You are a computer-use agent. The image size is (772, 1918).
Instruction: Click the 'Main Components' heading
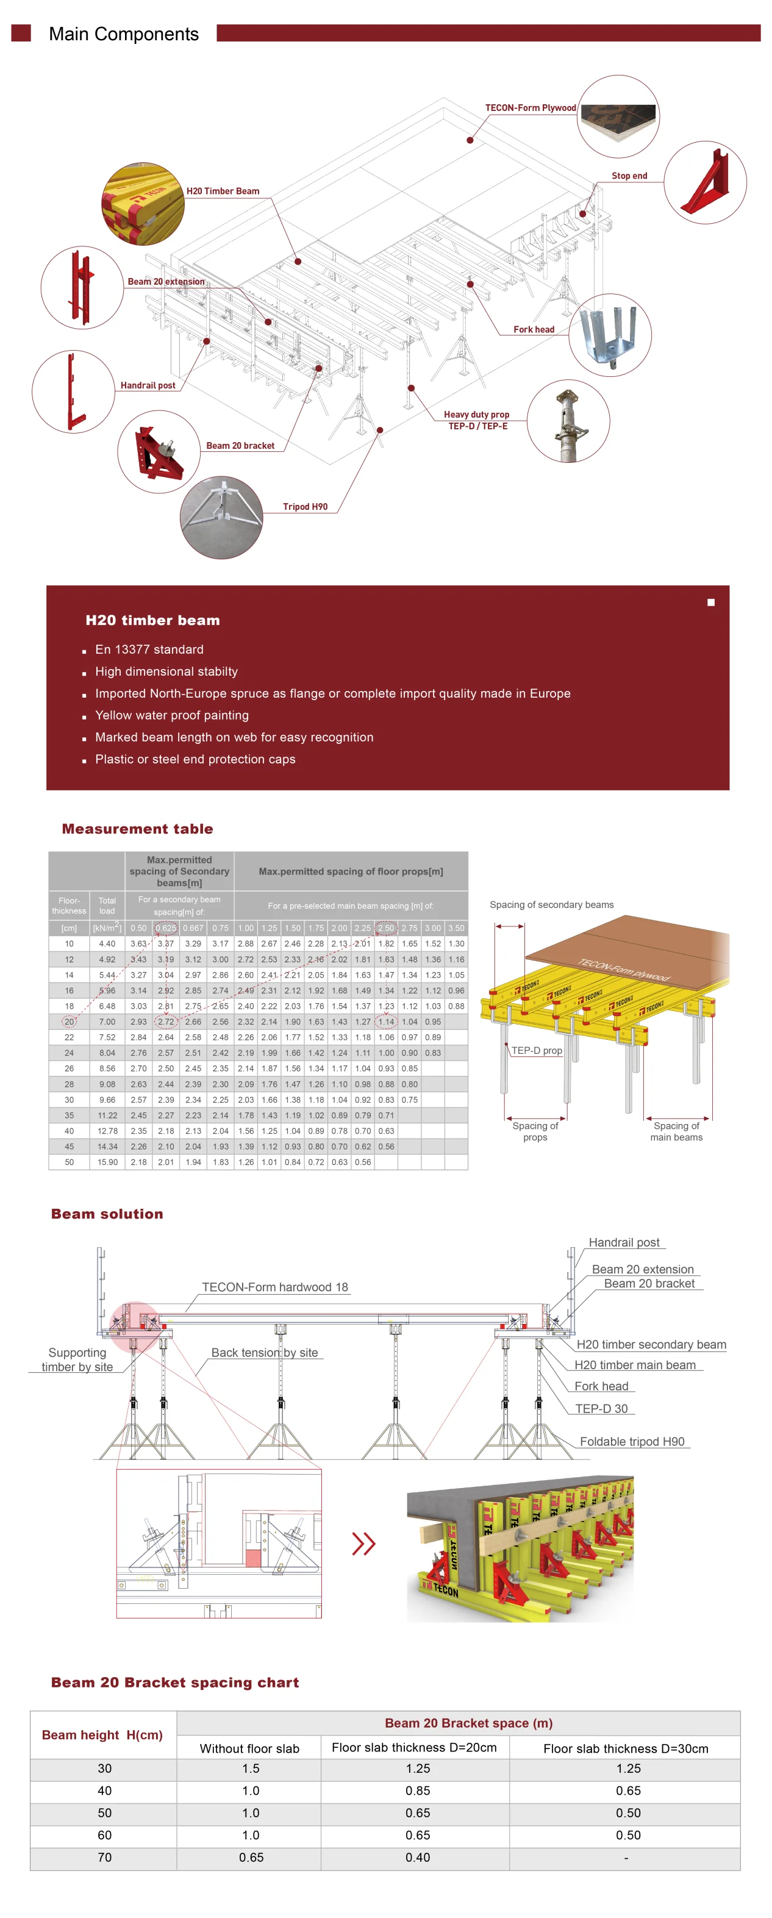124,34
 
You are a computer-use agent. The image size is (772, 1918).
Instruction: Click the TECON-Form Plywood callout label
530,108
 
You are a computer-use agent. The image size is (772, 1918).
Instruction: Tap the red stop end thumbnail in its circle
704,182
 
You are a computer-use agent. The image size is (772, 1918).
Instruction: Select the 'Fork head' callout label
534,330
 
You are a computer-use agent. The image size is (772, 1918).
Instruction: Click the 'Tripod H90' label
306,507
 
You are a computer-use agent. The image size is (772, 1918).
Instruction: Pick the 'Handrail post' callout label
148,385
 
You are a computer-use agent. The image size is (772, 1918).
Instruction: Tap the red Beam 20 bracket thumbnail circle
159,451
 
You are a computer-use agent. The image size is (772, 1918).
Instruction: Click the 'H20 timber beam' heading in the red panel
152,620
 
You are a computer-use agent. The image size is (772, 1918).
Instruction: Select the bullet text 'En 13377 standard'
149,649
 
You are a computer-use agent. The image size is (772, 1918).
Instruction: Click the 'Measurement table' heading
137,829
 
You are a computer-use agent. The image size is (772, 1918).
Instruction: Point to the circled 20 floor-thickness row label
70,1022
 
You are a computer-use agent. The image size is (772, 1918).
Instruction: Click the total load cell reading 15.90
107,1162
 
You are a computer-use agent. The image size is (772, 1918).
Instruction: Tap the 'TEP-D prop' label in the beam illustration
537,1051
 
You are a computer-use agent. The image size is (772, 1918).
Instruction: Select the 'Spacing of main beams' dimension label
676,1132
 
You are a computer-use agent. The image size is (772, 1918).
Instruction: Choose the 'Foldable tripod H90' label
632,1442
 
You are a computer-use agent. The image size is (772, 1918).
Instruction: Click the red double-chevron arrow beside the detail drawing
363,1544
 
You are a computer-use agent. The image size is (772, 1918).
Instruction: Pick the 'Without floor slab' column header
249,1748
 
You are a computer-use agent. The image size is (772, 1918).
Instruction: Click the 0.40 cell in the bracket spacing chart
418,1858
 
